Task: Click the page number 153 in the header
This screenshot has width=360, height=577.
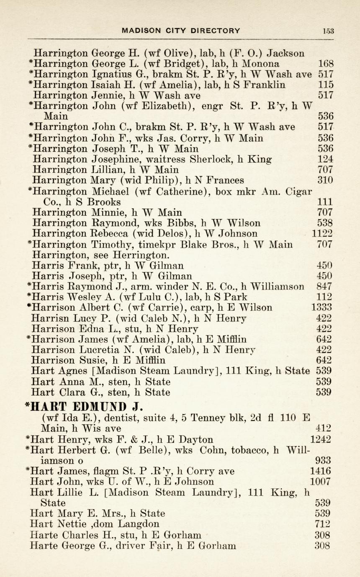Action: (328, 31)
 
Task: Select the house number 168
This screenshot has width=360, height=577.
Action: (326, 64)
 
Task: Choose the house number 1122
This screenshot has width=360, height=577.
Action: (322, 233)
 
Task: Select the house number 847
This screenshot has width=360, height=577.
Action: (325, 287)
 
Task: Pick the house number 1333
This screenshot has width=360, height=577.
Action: (322, 308)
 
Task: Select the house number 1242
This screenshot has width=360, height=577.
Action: (321, 439)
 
